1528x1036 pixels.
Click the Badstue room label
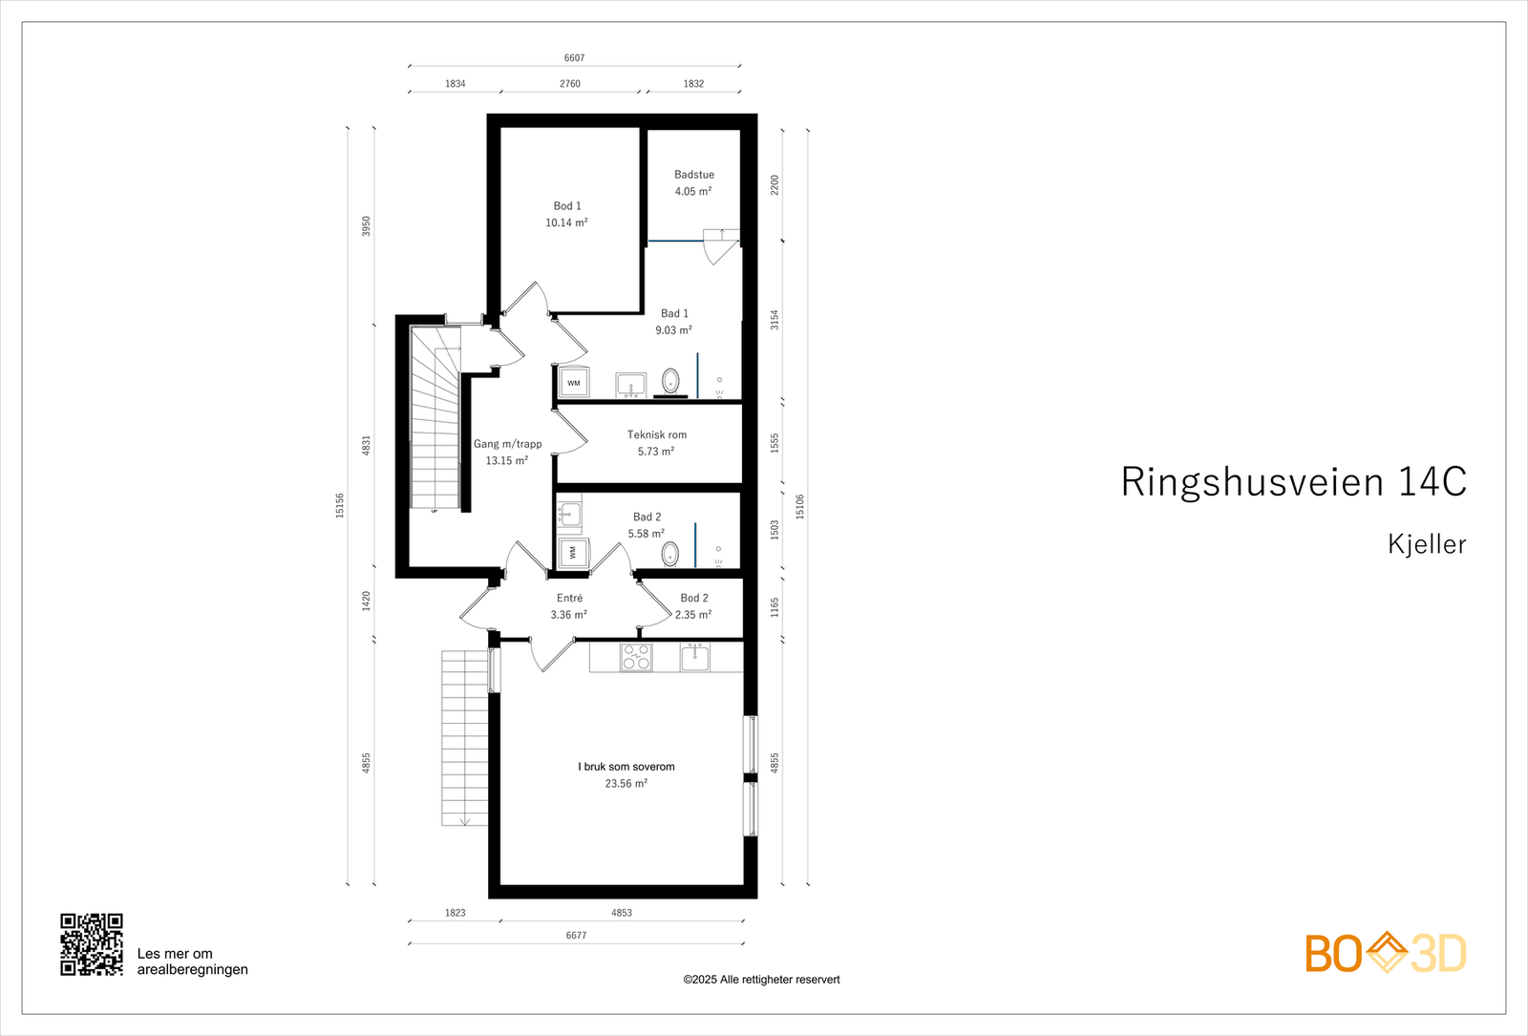[693, 175]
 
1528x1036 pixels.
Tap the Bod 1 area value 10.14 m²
[566, 222]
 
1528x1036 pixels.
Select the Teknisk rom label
[656, 434]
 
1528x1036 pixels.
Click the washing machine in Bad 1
[574, 383]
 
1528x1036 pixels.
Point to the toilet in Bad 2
[670, 553]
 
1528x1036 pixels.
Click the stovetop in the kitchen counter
[636, 657]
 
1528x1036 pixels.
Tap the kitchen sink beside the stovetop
[694, 656]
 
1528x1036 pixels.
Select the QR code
[92, 944]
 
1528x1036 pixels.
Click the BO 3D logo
[1385, 953]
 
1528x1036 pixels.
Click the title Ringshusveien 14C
[1293, 482]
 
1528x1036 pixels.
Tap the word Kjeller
[1427, 544]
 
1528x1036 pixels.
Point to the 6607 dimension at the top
[574, 58]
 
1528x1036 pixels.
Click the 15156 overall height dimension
[340, 505]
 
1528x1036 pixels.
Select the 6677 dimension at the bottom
[576, 936]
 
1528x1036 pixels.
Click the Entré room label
[569, 599]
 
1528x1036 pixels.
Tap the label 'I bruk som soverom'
[626, 767]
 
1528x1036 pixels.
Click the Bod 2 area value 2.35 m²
[693, 615]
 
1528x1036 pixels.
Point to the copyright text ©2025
[761, 980]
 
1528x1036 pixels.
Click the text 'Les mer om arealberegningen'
[192, 962]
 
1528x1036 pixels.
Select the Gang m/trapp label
[507, 444]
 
